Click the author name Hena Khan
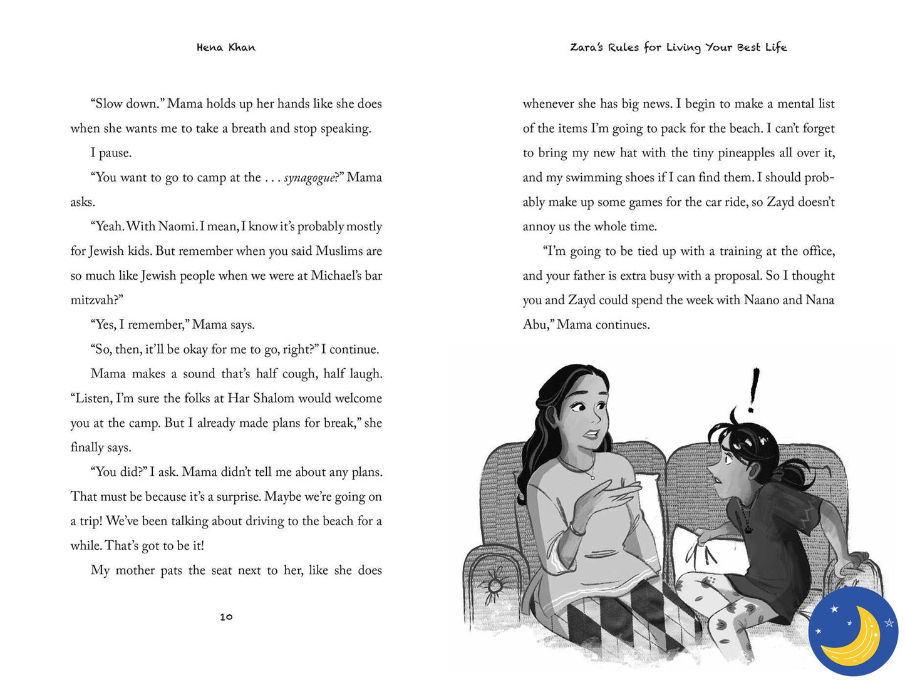point(225,48)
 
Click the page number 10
point(226,617)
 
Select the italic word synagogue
point(309,178)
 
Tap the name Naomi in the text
point(176,227)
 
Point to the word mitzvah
point(93,300)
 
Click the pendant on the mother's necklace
point(592,477)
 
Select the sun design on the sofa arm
point(494,585)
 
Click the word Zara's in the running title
point(587,48)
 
